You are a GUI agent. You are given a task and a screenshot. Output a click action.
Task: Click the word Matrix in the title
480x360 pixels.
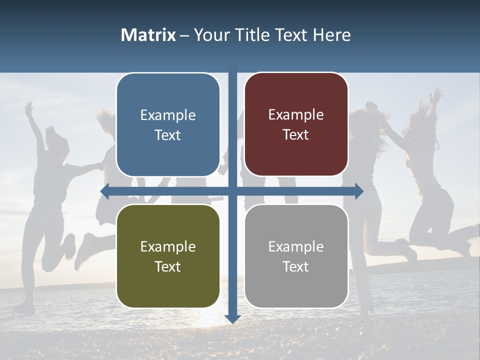pos(148,35)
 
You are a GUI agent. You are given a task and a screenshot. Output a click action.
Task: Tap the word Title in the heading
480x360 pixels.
pos(250,35)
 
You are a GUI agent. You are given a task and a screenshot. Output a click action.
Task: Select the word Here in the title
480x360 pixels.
pos(332,35)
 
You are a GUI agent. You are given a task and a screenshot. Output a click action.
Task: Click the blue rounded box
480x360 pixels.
pos(168,124)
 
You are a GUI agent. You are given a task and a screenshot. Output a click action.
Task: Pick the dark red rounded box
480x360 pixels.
pos(296,124)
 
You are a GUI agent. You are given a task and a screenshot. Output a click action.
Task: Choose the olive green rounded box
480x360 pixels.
pos(168,256)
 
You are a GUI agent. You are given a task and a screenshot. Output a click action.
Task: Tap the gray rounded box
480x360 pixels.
pos(296,256)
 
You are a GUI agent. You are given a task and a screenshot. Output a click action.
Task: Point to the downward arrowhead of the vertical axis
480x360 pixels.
pos(233,318)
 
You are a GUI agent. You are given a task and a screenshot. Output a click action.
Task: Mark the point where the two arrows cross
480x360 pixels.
pos(233,191)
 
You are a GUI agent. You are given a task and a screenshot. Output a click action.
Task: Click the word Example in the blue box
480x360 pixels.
pos(168,115)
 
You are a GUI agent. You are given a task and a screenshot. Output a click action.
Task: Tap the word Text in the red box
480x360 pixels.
pos(296,134)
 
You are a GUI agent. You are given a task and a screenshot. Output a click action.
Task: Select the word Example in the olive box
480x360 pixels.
pos(168,246)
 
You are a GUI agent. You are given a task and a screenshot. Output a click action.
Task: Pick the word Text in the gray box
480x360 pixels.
pos(296,266)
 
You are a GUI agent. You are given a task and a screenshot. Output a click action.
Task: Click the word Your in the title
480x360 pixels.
pos(211,35)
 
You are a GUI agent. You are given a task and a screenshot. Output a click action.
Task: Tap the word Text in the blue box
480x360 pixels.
pos(168,135)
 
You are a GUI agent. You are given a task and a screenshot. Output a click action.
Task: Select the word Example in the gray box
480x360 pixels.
pos(296,246)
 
